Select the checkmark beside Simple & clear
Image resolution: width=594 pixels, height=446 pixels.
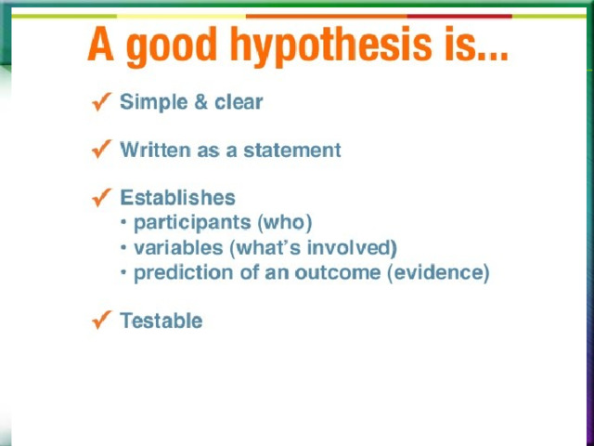[x=101, y=101]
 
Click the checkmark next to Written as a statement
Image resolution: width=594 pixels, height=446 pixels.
[x=101, y=149]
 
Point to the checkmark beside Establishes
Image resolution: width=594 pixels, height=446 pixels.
[x=101, y=197]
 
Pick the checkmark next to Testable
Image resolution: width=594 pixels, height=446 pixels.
[x=101, y=320]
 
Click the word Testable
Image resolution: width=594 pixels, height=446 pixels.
[x=161, y=321]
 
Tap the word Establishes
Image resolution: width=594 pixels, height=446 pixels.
[x=177, y=198]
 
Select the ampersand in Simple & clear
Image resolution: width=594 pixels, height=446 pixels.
[x=200, y=102]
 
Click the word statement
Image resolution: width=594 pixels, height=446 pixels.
[x=292, y=150]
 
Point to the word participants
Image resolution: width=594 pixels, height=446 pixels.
[x=192, y=224]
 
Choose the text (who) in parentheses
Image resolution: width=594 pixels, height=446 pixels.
[x=285, y=223]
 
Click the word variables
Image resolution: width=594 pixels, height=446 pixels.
[x=178, y=248]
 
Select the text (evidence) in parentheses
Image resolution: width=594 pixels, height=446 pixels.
[x=438, y=273]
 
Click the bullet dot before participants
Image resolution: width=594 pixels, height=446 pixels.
[x=123, y=222]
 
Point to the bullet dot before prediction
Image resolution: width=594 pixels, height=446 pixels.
[x=123, y=272]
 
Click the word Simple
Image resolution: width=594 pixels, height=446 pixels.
[x=154, y=103]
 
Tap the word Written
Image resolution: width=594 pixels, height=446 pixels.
[x=155, y=150]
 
